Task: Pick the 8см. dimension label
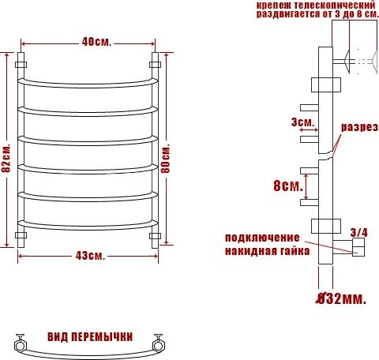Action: click(x=287, y=186)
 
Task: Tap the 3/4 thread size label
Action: click(x=359, y=232)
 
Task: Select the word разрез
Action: click(x=359, y=127)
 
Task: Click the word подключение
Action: click(x=262, y=238)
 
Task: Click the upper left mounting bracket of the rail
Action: click(x=22, y=61)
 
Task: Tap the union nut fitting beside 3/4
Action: click(x=358, y=250)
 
